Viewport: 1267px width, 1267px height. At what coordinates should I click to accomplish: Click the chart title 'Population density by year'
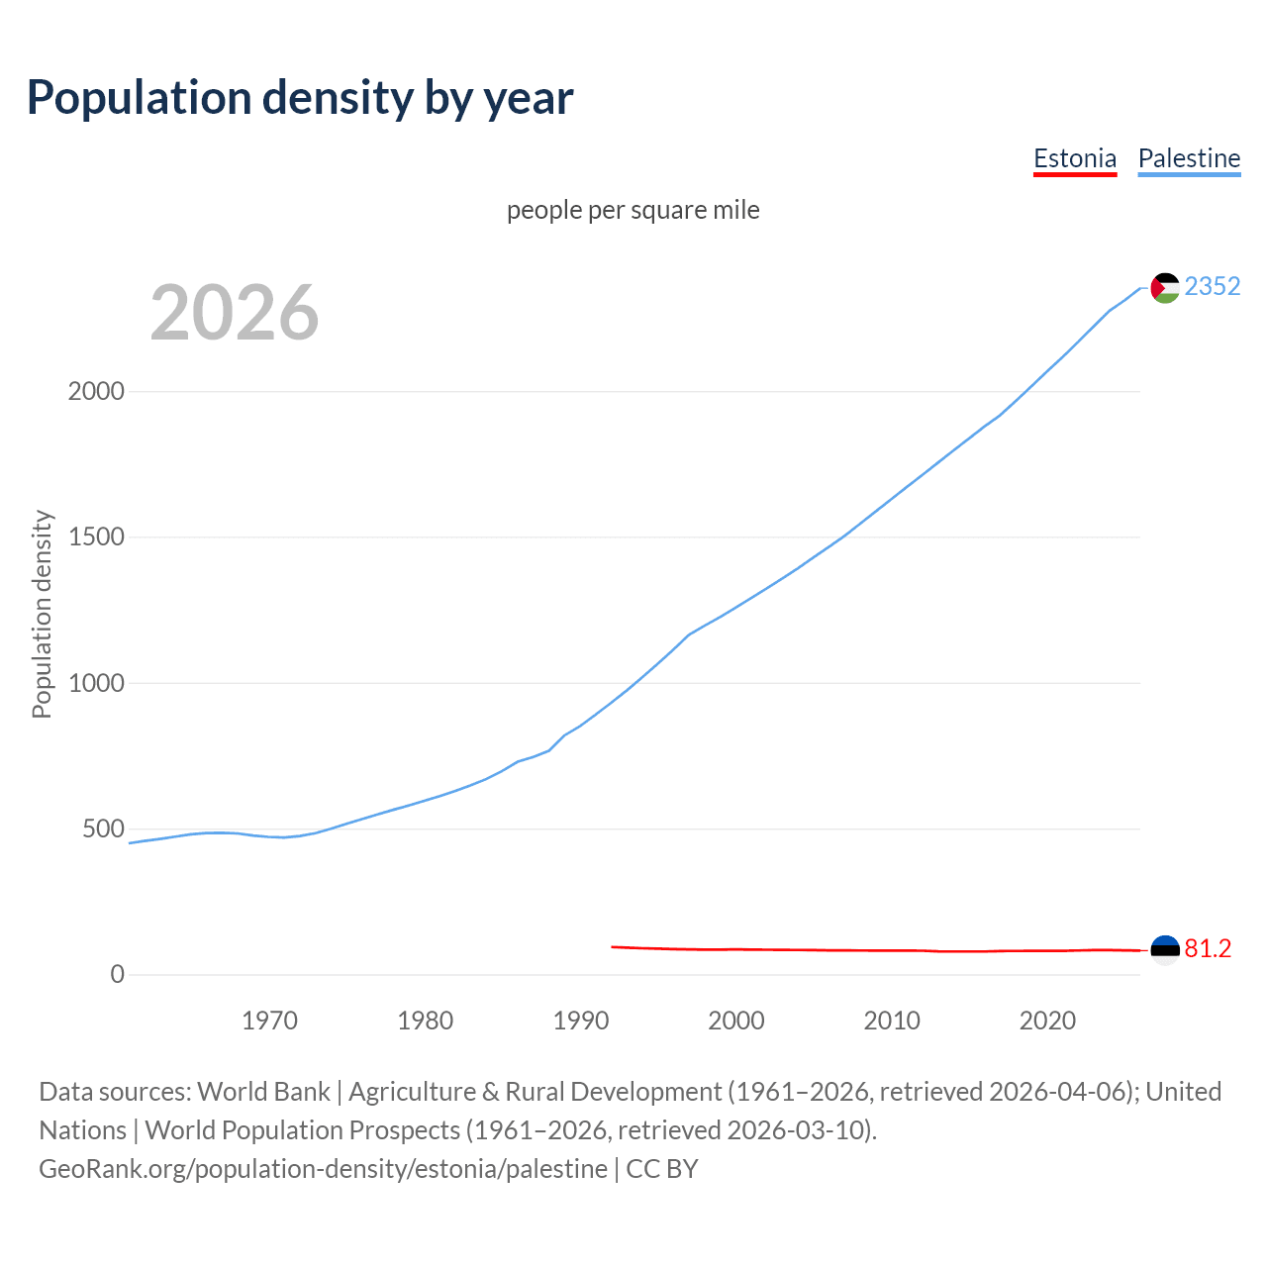coord(300,98)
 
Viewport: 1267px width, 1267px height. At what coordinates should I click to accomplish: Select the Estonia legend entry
coord(1074,158)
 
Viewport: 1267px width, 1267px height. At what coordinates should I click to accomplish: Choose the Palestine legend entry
coord(1189,158)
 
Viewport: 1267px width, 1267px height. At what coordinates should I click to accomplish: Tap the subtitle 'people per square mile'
coord(633,210)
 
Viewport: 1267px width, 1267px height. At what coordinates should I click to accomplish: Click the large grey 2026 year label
coord(235,313)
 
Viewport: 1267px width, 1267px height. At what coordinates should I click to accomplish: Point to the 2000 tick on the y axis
coord(96,391)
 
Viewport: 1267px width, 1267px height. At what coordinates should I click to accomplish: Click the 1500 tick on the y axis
coord(96,536)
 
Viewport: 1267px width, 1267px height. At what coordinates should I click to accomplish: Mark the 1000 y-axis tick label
coord(96,683)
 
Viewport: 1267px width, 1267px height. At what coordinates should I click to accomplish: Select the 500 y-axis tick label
coord(103,828)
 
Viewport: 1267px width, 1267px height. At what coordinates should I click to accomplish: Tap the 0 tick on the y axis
coord(118,974)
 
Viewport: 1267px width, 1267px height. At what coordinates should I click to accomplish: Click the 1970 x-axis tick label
coord(269,1021)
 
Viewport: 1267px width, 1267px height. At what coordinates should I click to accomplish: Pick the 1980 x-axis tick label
coord(425,1021)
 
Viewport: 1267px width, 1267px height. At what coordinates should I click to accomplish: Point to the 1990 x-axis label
coord(581,1021)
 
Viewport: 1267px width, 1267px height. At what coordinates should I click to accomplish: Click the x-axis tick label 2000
coord(736,1021)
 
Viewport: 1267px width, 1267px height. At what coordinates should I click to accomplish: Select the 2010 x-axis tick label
coord(892,1021)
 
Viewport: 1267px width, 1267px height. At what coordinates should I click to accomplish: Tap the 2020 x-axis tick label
coord(1047,1021)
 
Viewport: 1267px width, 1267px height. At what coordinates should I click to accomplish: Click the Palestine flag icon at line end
coord(1165,288)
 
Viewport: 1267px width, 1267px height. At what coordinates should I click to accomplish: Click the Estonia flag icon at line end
coord(1165,949)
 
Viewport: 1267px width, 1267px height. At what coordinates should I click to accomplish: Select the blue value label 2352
coord(1212,287)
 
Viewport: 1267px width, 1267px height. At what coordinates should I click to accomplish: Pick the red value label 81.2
coord(1208,949)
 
